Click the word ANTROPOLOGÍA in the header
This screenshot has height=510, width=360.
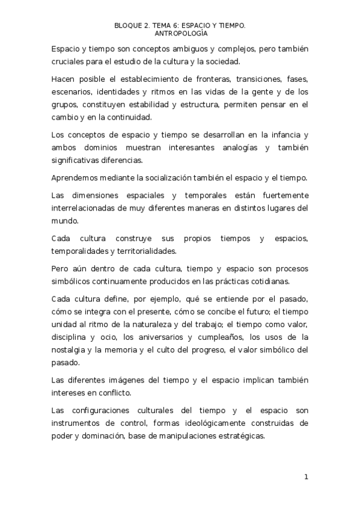coord(180,34)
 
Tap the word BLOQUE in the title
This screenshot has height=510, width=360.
coord(128,26)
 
